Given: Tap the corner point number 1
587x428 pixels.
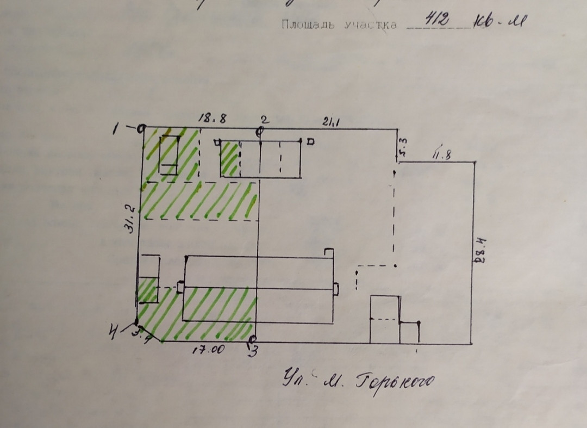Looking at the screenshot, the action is click(x=116, y=129).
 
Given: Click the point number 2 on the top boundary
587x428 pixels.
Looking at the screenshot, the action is click(x=264, y=119).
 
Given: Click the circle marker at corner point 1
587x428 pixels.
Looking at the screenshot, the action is click(x=141, y=129).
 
